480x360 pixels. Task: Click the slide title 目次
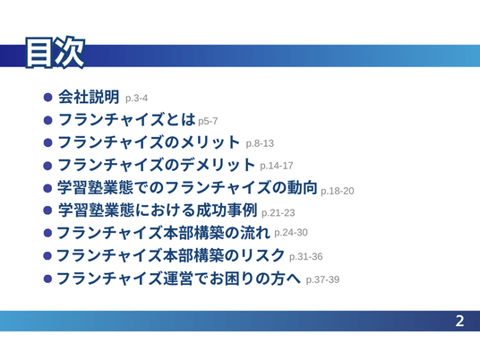(x=55, y=52)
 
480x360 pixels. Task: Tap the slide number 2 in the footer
(x=459, y=321)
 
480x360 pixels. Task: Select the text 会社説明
(x=89, y=97)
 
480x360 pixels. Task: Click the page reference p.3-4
(x=136, y=99)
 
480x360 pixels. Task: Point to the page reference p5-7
(x=208, y=121)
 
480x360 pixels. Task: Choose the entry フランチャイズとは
(x=126, y=119)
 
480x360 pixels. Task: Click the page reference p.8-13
(x=260, y=143)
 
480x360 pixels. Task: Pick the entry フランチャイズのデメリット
(x=156, y=165)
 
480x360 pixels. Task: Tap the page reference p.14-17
(x=277, y=166)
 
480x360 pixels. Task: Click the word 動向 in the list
(x=302, y=187)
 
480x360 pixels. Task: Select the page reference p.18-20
(x=338, y=191)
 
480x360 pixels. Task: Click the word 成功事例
(x=227, y=210)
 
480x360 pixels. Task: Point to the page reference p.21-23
(x=279, y=213)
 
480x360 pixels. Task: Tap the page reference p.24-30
(x=291, y=232)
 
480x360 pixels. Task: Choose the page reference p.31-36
(x=306, y=256)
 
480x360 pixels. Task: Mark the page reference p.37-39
(x=322, y=279)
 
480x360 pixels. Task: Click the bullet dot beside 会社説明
(x=48, y=98)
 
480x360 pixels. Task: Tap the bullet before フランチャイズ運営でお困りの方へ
(x=47, y=279)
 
